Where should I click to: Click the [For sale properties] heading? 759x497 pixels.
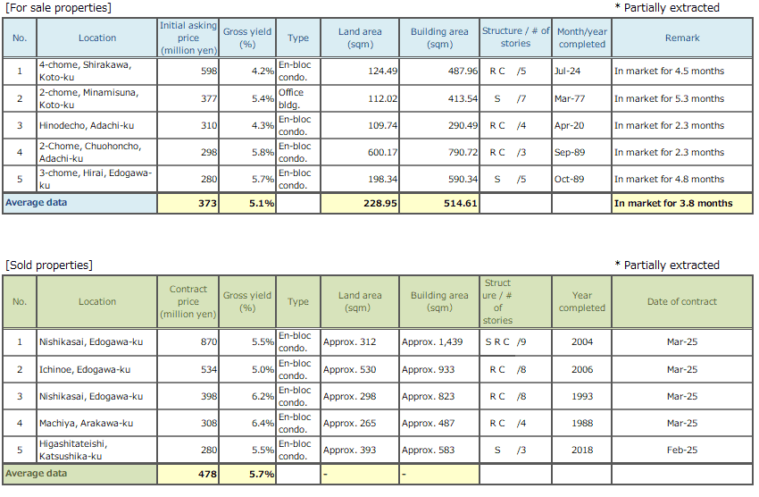(58, 8)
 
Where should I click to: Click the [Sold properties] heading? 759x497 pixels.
(49, 265)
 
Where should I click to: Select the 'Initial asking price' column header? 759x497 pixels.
(188, 38)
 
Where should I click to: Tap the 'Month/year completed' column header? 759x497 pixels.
(581, 38)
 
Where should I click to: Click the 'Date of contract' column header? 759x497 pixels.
(681, 301)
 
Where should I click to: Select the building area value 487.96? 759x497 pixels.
(460, 72)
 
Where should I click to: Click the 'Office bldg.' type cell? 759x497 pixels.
(296, 98)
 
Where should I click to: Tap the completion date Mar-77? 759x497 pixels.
(569, 98)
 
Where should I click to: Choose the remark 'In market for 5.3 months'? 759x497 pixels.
(669, 98)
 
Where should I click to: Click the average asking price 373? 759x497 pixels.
(207, 203)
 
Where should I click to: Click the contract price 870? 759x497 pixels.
(207, 342)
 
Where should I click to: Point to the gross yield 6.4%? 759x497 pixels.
(262, 423)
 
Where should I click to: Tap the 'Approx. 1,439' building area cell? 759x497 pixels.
(432, 342)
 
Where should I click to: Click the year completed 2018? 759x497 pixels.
(581, 451)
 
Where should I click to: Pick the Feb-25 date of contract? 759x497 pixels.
(681, 451)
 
